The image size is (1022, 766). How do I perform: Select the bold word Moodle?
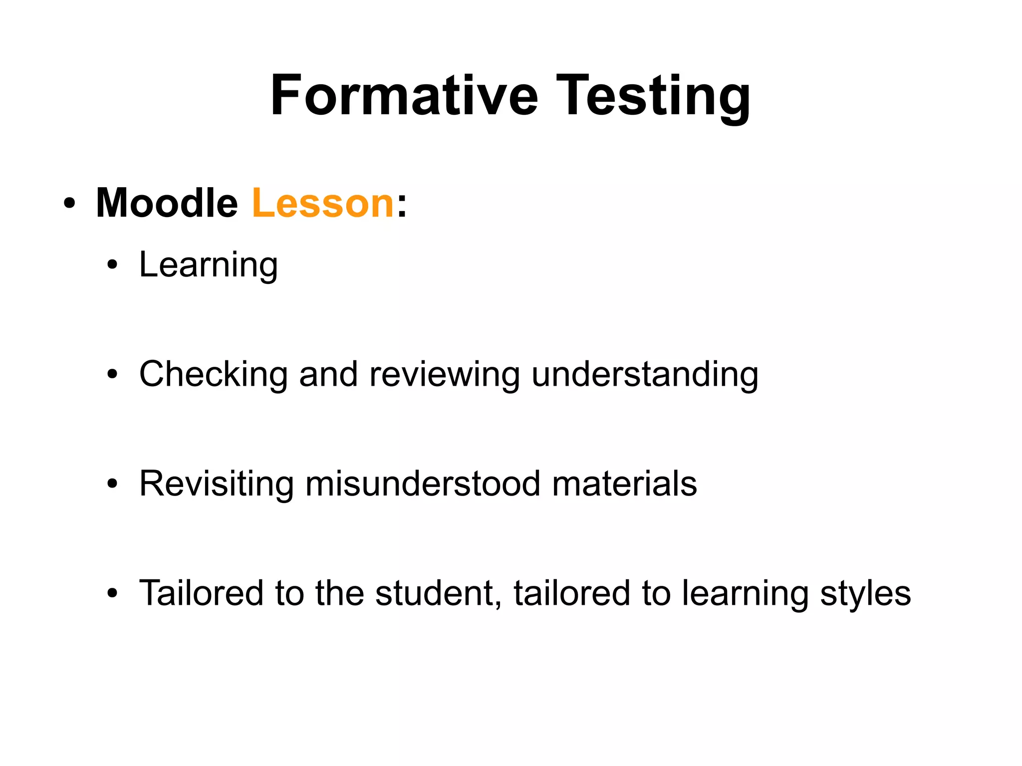(167, 203)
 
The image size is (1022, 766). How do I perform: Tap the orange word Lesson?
(323, 203)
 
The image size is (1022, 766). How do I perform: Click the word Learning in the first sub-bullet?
(208, 265)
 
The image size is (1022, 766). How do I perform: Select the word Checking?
(214, 375)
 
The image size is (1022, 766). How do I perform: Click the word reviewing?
(444, 375)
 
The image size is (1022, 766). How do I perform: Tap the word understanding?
(645, 375)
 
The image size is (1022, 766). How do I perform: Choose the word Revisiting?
(217, 484)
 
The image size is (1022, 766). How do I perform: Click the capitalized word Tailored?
(201, 593)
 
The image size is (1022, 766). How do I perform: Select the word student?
(438, 593)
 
